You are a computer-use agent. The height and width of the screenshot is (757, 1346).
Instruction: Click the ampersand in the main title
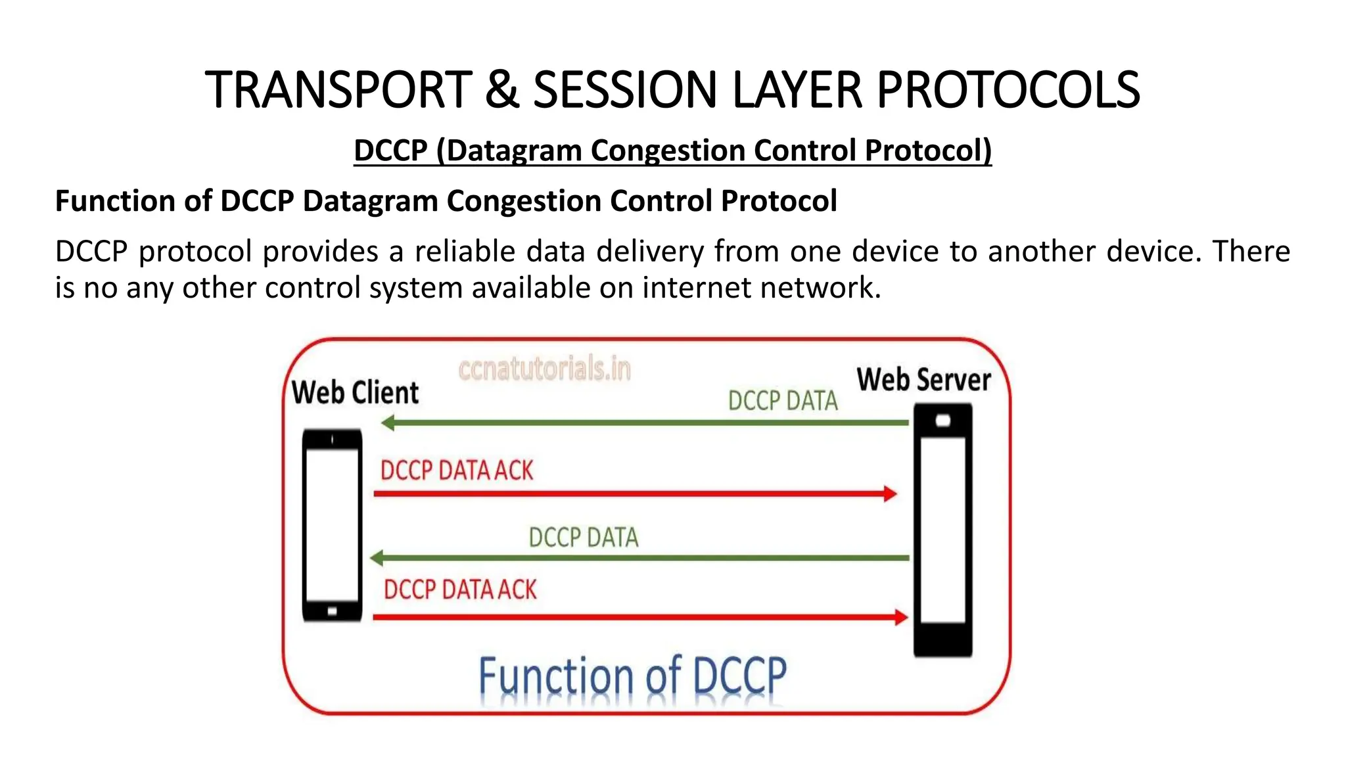pos(502,91)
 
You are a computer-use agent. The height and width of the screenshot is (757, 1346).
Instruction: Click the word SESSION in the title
pos(624,91)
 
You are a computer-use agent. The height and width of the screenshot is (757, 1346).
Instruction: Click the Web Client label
pos(355,392)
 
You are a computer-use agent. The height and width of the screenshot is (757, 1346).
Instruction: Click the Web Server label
pos(923,380)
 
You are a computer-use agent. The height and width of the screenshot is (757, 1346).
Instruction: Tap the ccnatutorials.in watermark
pos(544,369)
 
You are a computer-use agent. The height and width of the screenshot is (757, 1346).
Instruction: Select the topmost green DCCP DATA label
pos(783,401)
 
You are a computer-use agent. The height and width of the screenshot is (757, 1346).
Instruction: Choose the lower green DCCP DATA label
pos(583,538)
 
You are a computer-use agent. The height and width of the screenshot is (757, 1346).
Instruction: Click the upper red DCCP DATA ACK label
pos(457,470)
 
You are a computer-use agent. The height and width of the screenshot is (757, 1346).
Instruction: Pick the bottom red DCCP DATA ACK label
pos(460,589)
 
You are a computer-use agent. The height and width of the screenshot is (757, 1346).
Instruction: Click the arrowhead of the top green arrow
pos(388,423)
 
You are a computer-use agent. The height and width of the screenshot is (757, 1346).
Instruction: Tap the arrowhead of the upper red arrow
pos(891,493)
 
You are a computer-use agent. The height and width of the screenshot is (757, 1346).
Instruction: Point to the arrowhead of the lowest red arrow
pos(901,617)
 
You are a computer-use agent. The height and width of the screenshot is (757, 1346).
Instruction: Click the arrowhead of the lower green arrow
pos(377,559)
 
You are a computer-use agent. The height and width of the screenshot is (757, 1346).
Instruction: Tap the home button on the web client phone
pos(332,612)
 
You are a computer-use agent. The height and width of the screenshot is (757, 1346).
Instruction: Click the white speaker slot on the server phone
pos(943,421)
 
